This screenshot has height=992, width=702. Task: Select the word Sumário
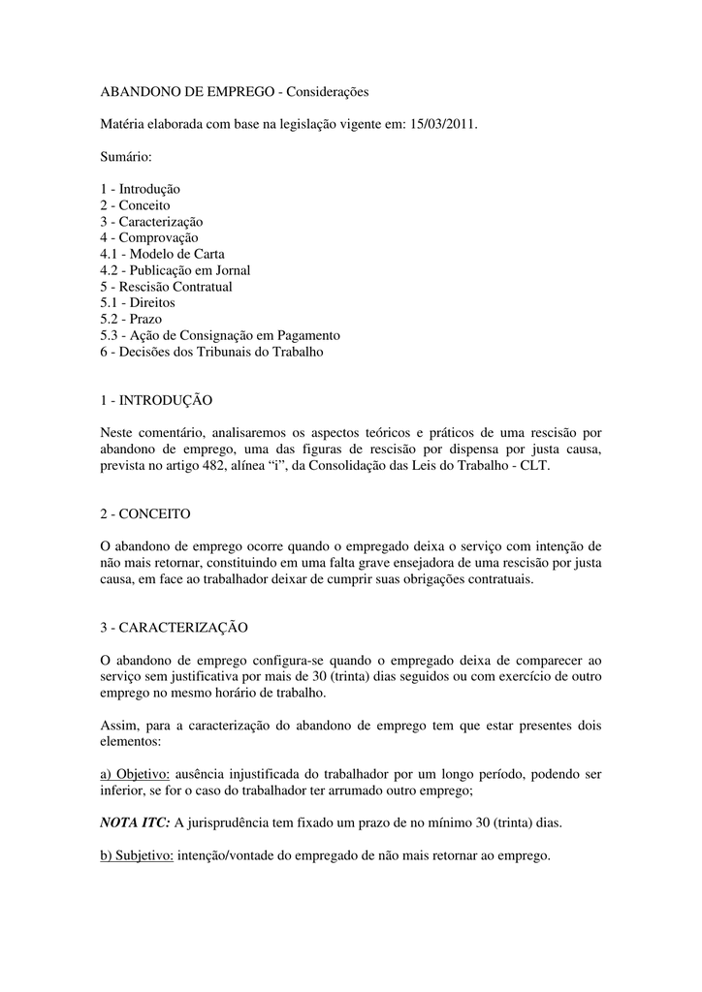(x=126, y=155)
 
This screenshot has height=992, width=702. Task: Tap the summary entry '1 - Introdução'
(x=140, y=189)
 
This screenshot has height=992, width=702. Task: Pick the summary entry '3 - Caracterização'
(x=151, y=222)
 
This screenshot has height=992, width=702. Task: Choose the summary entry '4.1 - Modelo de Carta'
(x=162, y=254)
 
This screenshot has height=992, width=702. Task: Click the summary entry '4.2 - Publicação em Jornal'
(x=175, y=270)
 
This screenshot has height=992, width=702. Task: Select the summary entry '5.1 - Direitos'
(x=138, y=302)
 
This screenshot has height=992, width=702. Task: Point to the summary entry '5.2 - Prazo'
(x=131, y=319)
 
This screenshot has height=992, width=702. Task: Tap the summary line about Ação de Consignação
(x=220, y=335)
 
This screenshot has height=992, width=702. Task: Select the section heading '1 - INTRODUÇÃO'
(x=156, y=400)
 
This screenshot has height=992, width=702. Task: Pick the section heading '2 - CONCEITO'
(x=144, y=513)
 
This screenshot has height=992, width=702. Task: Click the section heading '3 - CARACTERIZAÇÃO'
(x=174, y=627)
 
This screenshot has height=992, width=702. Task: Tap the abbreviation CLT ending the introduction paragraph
(x=531, y=465)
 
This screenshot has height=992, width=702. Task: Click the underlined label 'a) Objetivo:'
(x=135, y=774)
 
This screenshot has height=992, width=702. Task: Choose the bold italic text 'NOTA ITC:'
(x=135, y=823)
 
